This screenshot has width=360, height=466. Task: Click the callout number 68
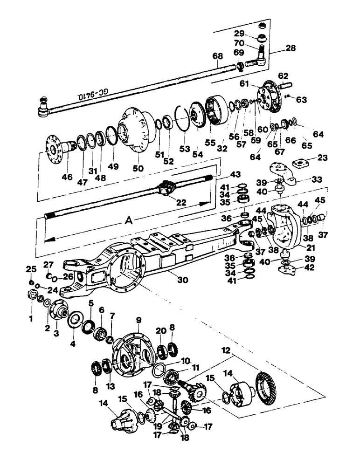(217, 56)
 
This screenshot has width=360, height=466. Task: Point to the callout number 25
(30, 269)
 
